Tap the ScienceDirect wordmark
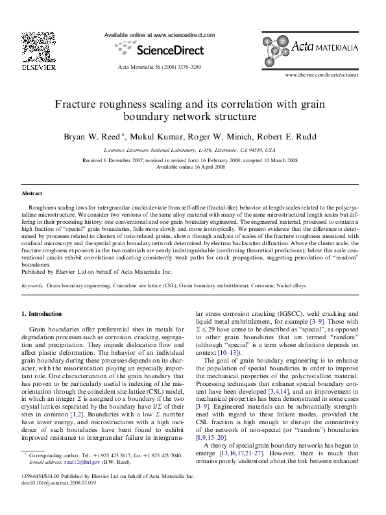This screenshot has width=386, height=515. click(159, 49)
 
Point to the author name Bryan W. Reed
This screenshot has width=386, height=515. click(90, 137)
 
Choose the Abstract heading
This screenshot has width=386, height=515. click(32, 193)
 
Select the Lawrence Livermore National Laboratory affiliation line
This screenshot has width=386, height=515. click(193, 149)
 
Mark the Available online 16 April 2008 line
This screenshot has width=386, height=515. click(193, 166)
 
